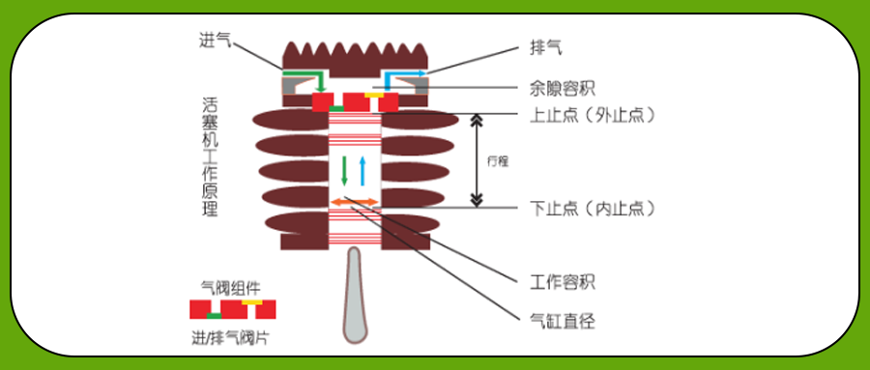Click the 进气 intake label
216,39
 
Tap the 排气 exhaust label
547,45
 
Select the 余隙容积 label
563,88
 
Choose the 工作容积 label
563,283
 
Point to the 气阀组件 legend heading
230,287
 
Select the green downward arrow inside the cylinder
344,169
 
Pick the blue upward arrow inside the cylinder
362,169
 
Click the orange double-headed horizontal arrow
354,201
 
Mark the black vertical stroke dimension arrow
476,160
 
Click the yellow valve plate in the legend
251,302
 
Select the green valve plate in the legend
215,316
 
